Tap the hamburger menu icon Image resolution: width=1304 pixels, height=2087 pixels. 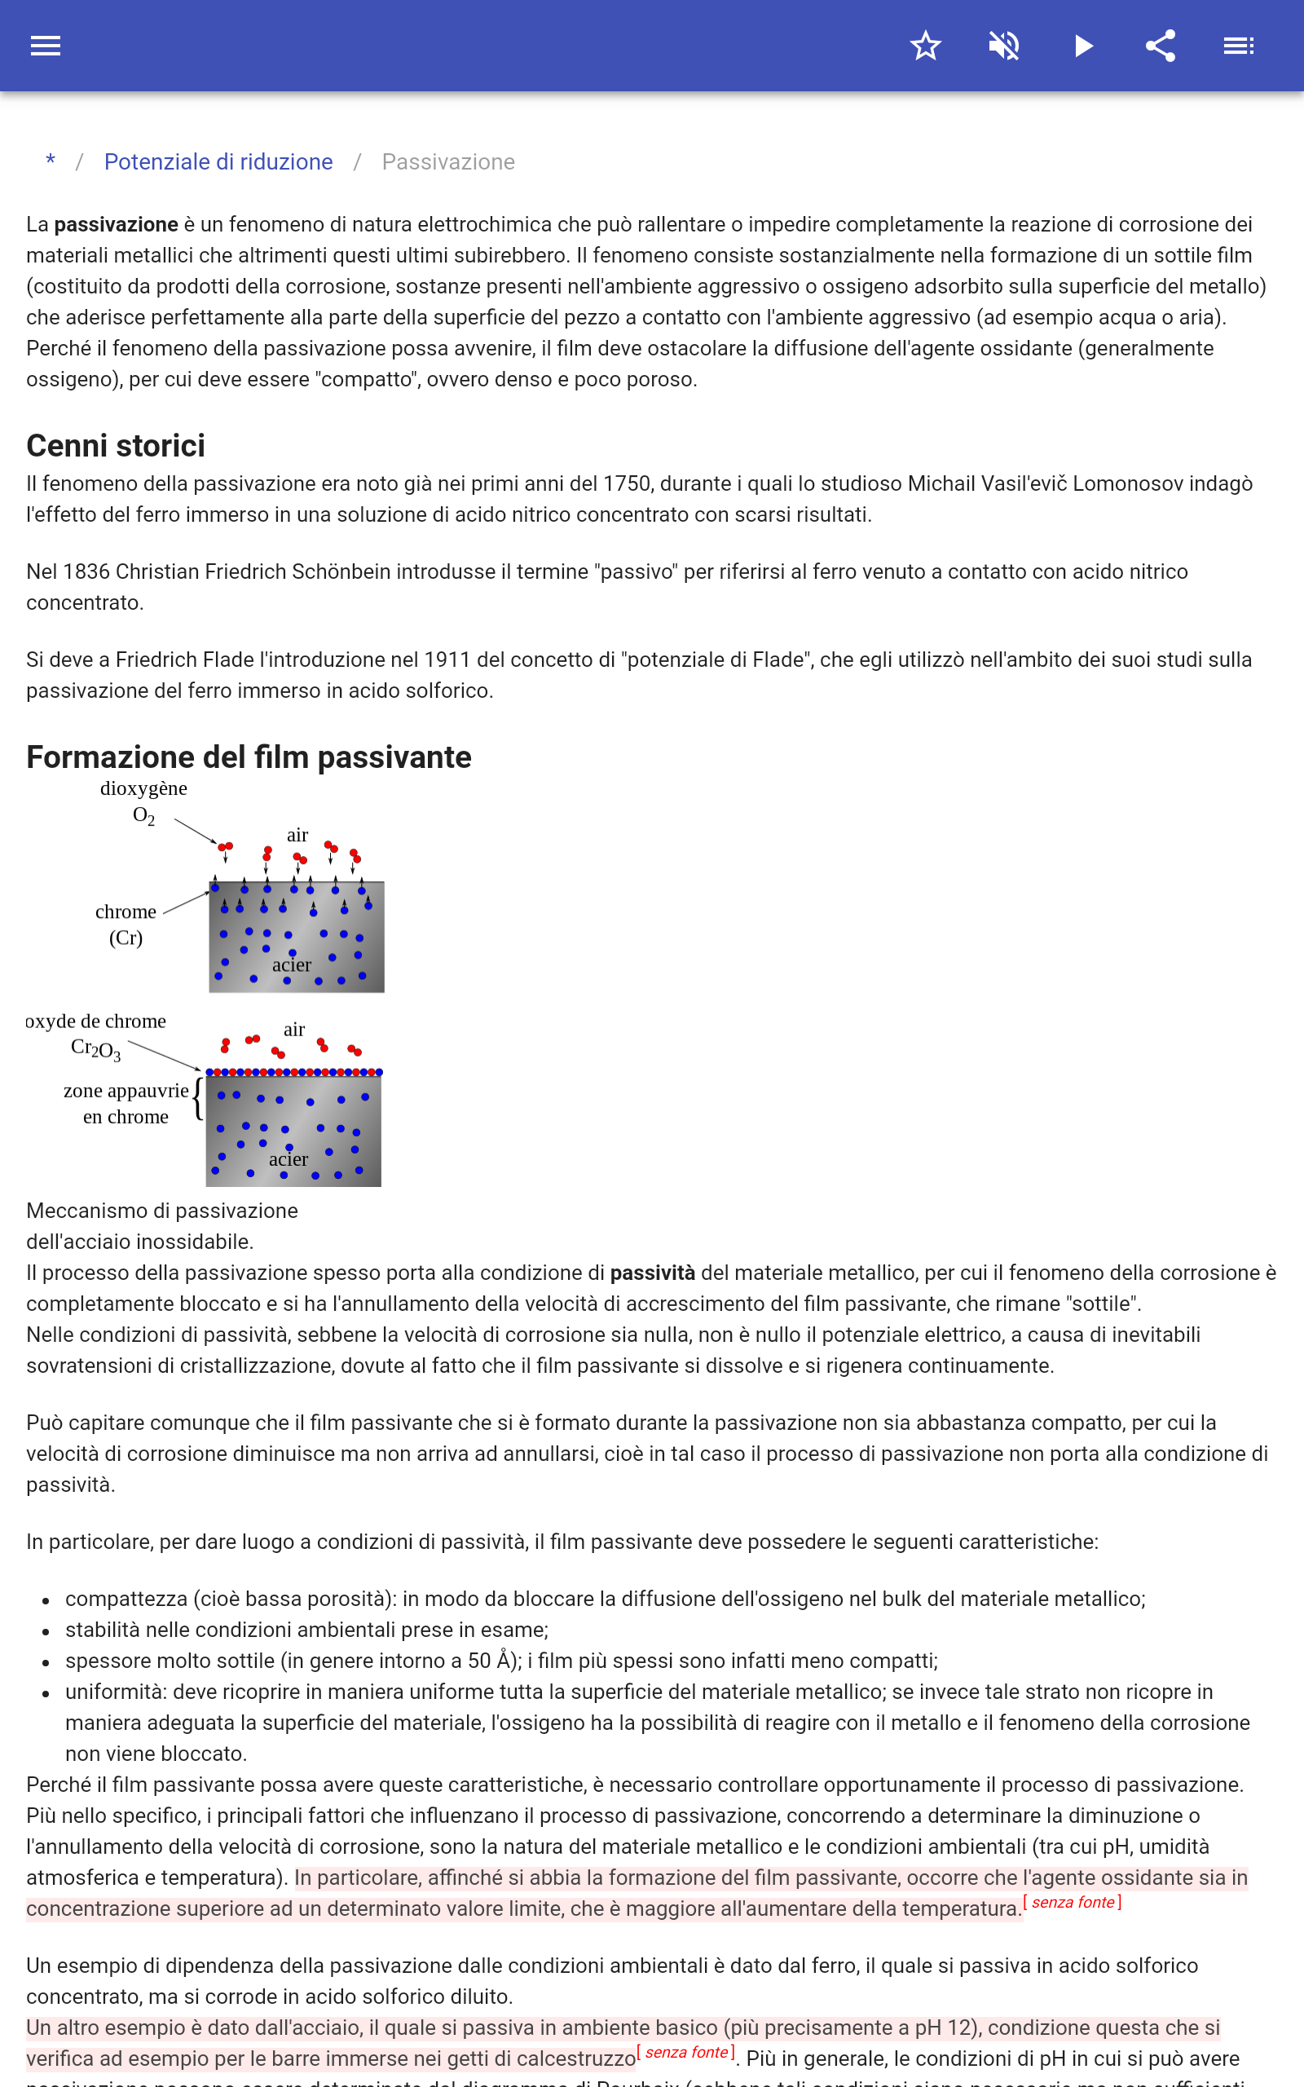(x=46, y=46)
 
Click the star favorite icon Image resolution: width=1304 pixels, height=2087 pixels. (x=925, y=46)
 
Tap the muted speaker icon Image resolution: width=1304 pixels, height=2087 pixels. (x=1004, y=46)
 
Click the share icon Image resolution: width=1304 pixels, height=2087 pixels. (x=1160, y=46)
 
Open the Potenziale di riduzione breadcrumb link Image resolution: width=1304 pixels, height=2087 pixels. (x=218, y=162)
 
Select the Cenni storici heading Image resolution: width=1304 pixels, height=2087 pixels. (x=116, y=446)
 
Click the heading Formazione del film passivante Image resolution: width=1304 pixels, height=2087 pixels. (x=249, y=757)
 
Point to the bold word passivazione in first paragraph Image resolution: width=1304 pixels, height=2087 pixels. (x=116, y=224)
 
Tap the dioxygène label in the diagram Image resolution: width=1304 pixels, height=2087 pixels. (x=143, y=788)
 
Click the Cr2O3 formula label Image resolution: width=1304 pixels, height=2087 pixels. (x=95, y=1048)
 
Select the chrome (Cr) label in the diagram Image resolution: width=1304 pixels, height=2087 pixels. (x=126, y=924)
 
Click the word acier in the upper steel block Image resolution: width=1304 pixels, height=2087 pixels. (x=292, y=965)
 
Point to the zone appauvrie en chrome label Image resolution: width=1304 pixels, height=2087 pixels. (x=126, y=1103)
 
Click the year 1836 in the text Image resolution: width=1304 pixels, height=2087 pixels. (x=86, y=571)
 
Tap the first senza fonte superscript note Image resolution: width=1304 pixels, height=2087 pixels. (x=1072, y=1903)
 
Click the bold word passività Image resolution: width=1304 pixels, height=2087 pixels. (x=652, y=1273)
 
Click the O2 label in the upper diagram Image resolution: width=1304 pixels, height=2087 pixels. (x=144, y=816)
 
